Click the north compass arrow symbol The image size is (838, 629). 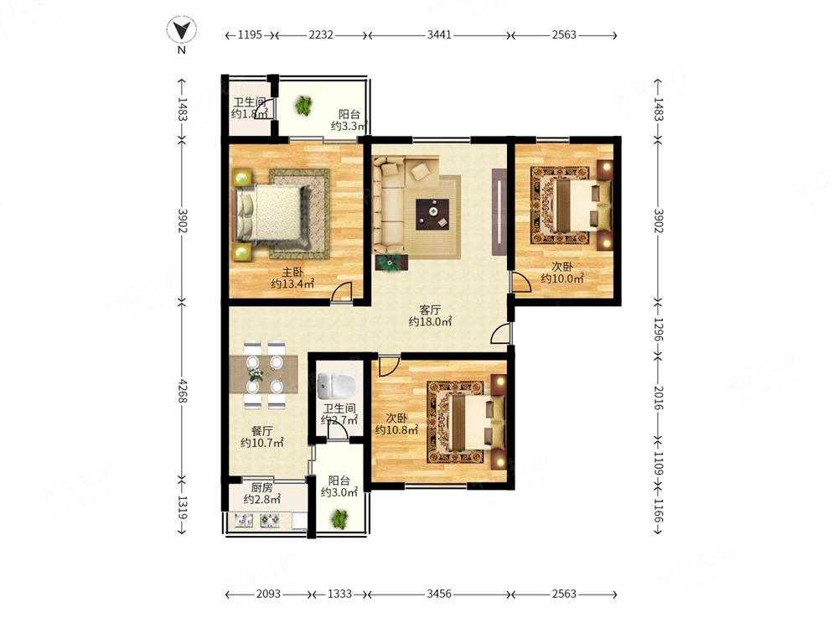click(182, 29)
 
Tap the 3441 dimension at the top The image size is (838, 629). click(439, 34)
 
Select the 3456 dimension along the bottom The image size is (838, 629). click(439, 594)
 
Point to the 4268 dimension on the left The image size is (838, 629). click(182, 391)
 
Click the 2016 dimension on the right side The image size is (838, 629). click(658, 398)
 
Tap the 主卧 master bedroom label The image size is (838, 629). click(292, 273)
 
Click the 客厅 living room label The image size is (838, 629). click(430, 309)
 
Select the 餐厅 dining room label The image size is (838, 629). click(261, 431)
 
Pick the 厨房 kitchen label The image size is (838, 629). click(261, 488)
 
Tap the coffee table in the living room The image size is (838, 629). click(433, 214)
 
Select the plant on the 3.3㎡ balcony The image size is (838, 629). click(303, 106)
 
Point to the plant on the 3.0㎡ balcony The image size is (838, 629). click(339, 518)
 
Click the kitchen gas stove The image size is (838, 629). click(269, 520)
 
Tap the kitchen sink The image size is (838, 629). click(244, 520)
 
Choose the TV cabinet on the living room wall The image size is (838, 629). click(499, 212)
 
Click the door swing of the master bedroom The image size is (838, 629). click(341, 292)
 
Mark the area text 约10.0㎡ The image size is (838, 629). click(562, 278)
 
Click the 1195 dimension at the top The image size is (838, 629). click(250, 34)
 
